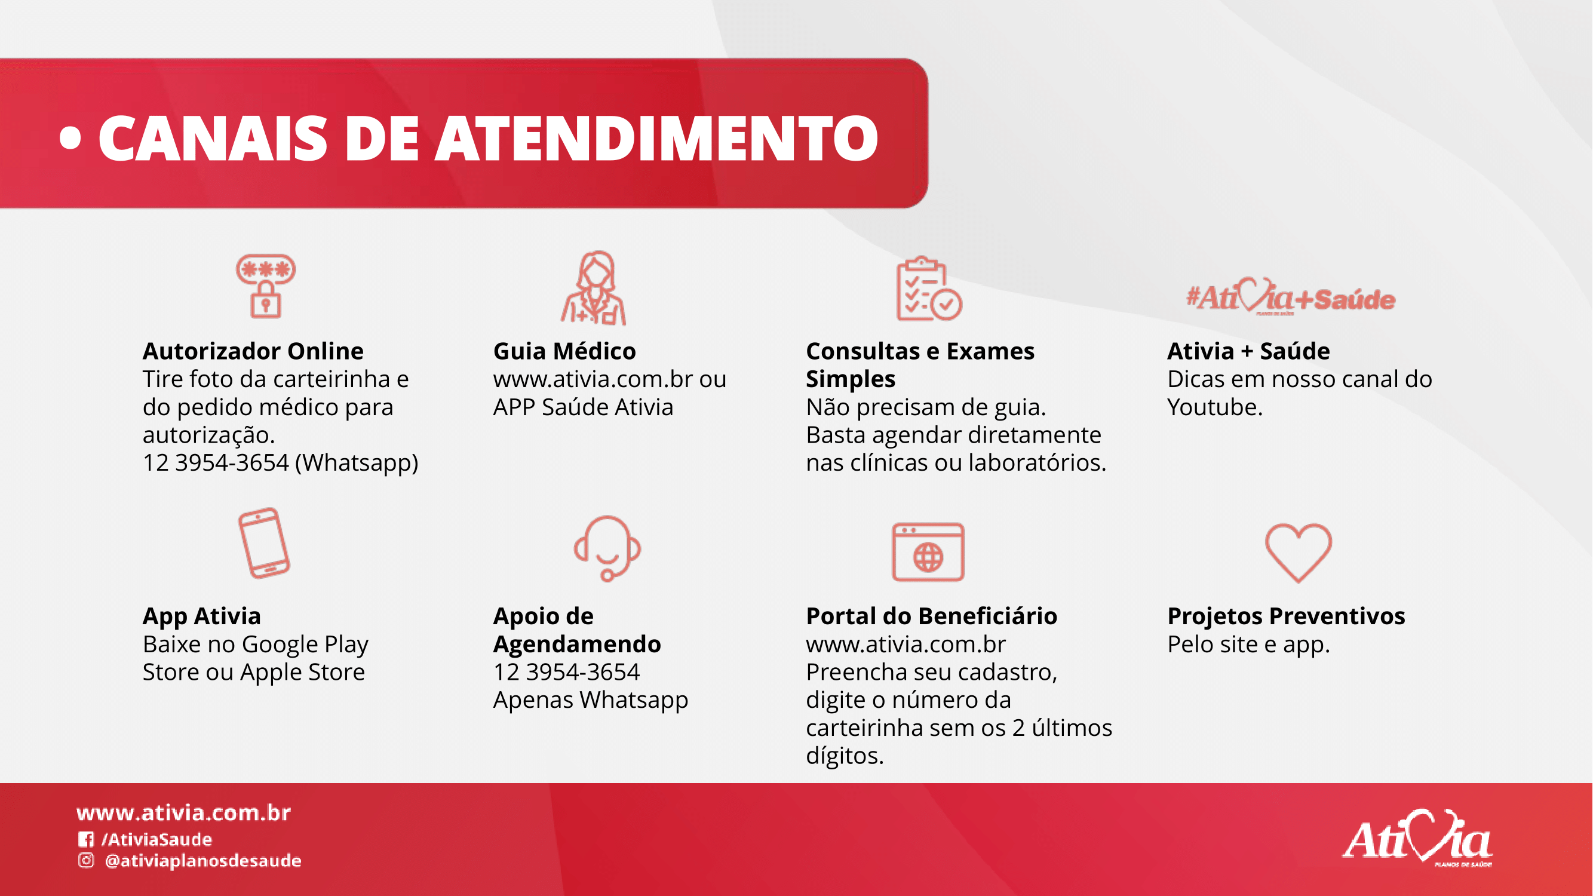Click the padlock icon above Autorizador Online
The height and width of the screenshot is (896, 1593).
click(x=266, y=286)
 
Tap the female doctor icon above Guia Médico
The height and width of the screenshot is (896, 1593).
click(x=594, y=288)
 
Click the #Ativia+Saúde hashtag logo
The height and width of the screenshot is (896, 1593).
click(x=1291, y=297)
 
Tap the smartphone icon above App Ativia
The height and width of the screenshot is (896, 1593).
click(x=264, y=543)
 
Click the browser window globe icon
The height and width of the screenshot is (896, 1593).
click(x=928, y=551)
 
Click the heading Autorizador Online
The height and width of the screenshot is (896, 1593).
click(x=253, y=351)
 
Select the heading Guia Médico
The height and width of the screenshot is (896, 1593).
click(x=564, y=351)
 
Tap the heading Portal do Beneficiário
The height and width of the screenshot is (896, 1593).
click(x=931, y=616)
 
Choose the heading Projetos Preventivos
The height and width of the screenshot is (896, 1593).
click(x=1286, y=616)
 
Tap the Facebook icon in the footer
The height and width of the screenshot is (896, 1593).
click(x=86, y=839)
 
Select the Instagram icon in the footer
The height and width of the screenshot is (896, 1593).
click(x=86, y=861)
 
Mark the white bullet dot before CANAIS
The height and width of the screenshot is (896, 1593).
click(x=70, y=139)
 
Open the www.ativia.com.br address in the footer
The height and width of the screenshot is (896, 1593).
click(x=183, y=812)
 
